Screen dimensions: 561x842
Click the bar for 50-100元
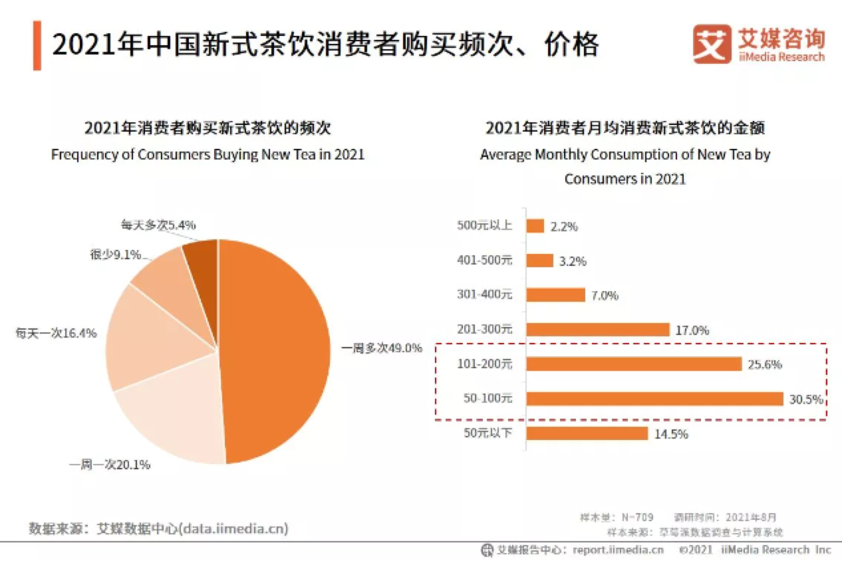click(x=654, y=399)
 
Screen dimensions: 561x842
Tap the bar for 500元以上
click(x=535, y=226)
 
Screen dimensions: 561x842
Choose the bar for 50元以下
click(x=587, y=433)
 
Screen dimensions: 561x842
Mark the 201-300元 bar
click(x=597, y=330)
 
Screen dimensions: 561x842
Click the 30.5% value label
click(x=806, y=399)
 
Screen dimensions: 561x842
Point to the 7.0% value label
click(x=605, y=296)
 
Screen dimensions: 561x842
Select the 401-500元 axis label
click(x=485, y=261)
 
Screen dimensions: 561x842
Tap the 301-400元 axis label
click(x=485, y=295)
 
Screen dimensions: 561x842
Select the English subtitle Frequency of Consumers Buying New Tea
click(x=208, y=154)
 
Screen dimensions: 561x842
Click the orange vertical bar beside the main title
click(x=37, y=45)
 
